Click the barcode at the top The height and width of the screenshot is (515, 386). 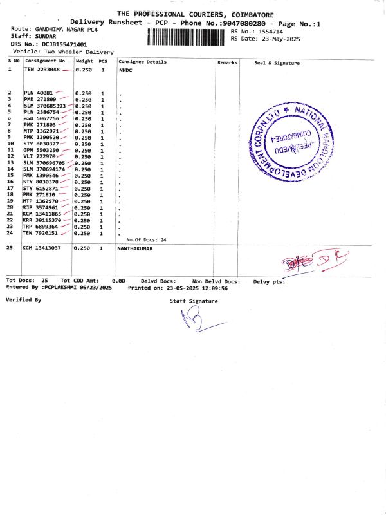(x=186, y=36)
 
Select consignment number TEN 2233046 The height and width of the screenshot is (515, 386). (x=42, y=69)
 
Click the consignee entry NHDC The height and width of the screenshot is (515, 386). (x=125, y=69)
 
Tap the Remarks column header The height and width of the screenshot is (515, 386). (x=227, y=62)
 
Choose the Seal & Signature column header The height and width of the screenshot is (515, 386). (x=277, y=63)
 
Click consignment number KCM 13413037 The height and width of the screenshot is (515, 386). (x=42, y=248)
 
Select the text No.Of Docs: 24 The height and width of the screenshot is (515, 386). (x=146, y=239)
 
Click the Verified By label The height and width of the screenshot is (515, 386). (x=23, y=300)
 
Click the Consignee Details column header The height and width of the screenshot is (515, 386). (x=142, y=62)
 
